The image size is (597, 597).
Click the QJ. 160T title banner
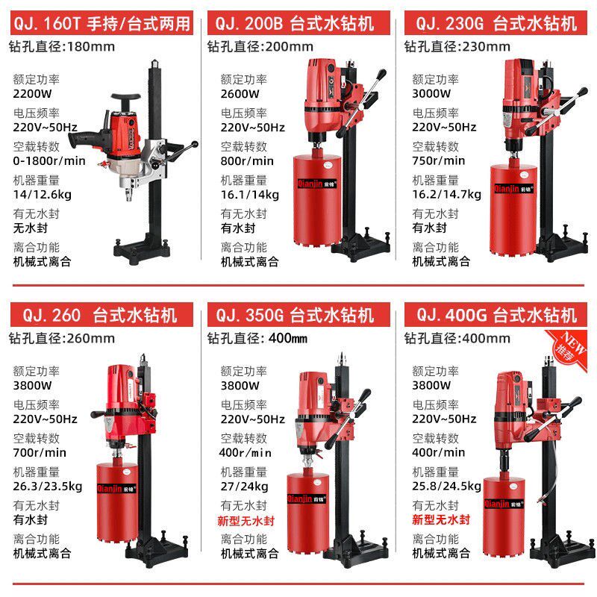point(101,24)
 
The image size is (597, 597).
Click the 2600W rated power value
point(240,94)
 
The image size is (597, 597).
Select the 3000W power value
point(432,94)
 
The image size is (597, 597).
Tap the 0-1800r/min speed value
point(49,160)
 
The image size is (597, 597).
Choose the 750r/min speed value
point(439,160)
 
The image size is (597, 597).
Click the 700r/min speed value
point(40,452)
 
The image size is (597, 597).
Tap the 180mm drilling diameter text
point(87,46)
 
